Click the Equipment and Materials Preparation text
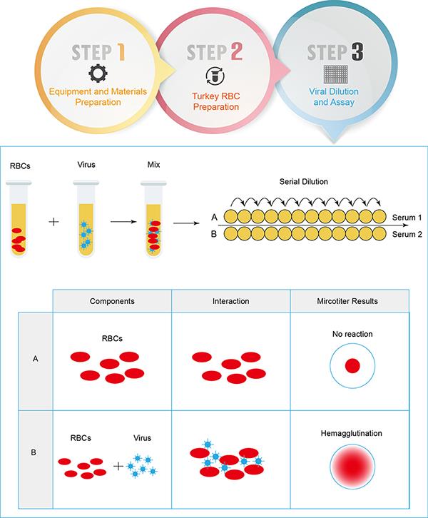point(98,96)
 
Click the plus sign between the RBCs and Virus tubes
point(53,222)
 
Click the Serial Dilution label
point(304,181)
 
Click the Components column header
point(113,301)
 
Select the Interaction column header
point(231,301)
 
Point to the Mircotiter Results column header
point(350,301)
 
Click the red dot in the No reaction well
point(352,366)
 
